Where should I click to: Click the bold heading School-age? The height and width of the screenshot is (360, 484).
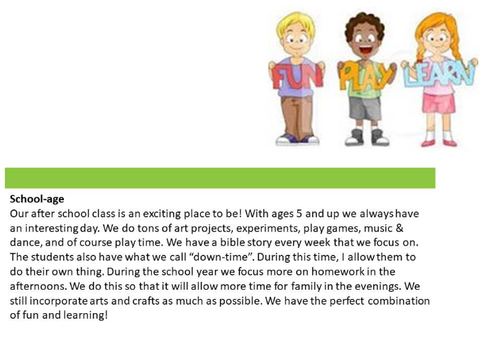(37, 199)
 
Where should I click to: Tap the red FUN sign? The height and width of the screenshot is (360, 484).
(297, 76)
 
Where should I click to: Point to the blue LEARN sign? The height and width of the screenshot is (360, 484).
(439, 73)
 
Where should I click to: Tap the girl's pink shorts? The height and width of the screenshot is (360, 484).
(439, 103)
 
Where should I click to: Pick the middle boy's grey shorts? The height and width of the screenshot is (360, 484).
(365, 109)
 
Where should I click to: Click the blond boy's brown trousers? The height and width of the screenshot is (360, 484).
(297, 116)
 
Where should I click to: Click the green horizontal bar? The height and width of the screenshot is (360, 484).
(220, 178)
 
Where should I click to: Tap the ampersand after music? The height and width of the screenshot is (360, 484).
(399, 228)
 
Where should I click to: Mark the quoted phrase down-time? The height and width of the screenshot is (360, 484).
(221, 257)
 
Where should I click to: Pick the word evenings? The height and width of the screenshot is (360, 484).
(374, 286)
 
